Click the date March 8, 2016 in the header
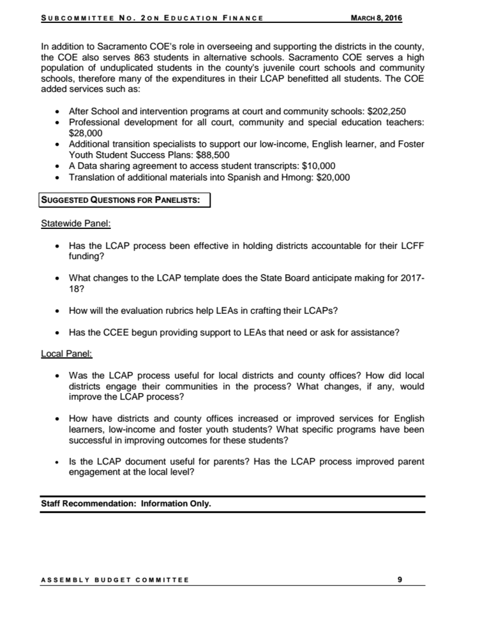377,17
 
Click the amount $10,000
313,166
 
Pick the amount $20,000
327,177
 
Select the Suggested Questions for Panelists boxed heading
121,201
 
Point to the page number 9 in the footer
400,579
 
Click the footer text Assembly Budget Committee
115,580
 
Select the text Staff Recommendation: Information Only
126,503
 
